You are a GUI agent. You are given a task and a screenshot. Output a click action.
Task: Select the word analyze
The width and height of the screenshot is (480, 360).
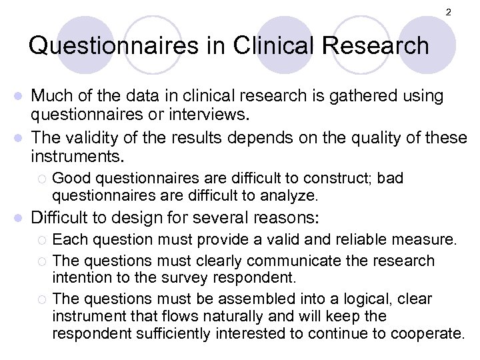point(293,196)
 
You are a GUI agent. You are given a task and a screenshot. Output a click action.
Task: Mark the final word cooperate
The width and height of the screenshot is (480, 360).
point(433,332)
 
